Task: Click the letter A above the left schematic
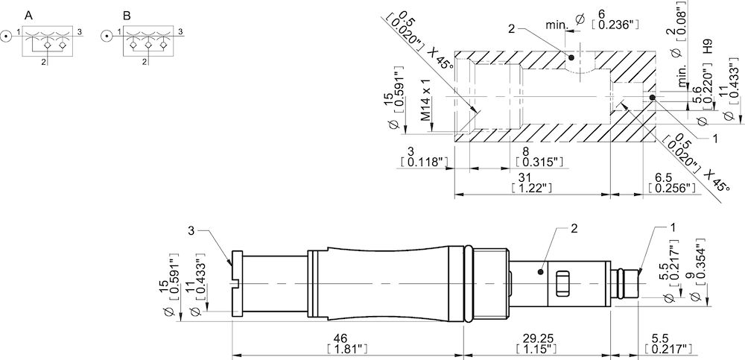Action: pos(28,15)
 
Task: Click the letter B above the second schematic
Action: pos(127,15)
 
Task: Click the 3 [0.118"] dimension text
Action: pos(422,156)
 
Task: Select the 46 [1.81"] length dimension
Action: pos(347,343)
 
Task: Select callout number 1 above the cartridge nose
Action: pos(673,226)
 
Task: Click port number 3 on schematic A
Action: pos(79,31)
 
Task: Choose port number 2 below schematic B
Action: pos(143,62)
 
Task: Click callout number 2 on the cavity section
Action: pos(512,28)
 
